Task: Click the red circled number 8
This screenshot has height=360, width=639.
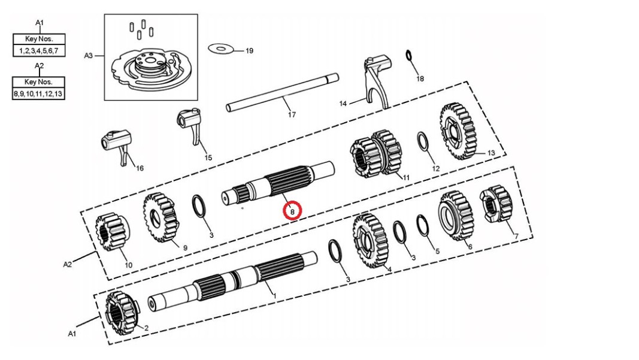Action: [292, 211]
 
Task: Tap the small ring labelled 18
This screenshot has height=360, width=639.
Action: [408, 56]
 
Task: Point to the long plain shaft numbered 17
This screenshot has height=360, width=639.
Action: [281, 92]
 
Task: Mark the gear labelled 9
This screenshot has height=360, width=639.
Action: [160, 218]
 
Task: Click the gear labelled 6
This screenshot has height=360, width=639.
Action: [456, 216]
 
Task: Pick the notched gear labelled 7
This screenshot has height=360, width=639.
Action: [496, 205]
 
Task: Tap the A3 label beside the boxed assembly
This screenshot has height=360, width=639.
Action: [88, 55]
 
